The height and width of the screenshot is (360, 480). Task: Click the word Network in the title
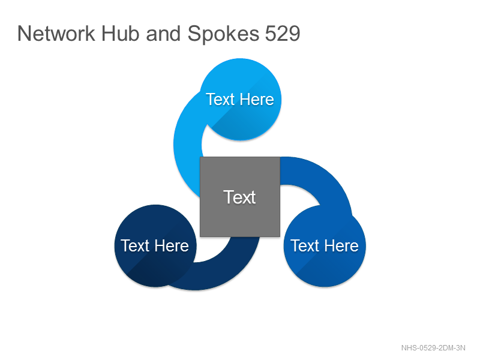click(56, 34)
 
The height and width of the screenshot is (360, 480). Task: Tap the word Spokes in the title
click(223, 34)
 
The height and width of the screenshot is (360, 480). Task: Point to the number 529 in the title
click(282, 34)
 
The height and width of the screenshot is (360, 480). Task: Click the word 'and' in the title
click(163, 34)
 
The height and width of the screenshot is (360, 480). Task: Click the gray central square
click(240, 197)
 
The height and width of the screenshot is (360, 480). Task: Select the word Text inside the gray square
click(239, 197)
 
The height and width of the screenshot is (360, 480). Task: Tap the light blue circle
click(241, 100)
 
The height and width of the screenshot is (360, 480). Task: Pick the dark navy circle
click(155, 246)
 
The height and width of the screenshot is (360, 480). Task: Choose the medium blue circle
click(325, 246)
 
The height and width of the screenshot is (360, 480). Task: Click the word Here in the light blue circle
click(257, 100)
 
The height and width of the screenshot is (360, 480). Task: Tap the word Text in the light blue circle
click(220, 100)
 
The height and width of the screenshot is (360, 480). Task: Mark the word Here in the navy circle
click(172, 246)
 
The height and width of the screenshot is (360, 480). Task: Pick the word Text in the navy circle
click(136, 246)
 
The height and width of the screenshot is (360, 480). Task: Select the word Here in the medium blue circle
click(341, 246)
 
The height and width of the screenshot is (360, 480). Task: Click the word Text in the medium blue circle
click(305, 246)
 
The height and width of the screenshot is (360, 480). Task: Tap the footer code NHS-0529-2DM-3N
click(433, 348)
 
